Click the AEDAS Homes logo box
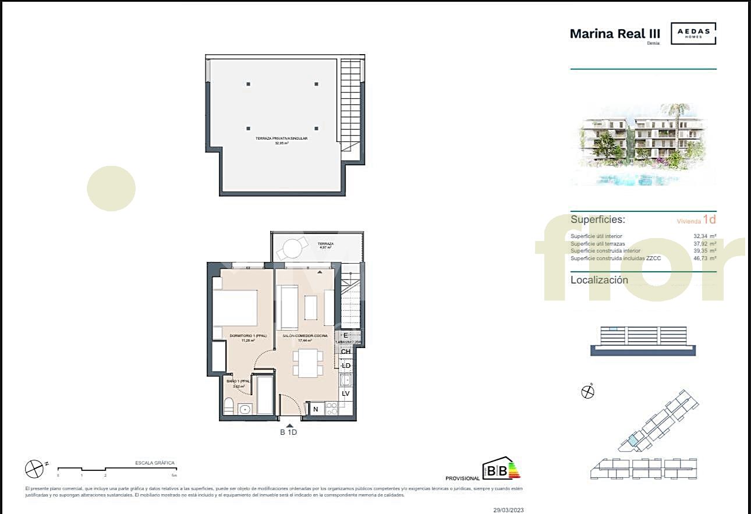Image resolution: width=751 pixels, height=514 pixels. (x=693, y=34)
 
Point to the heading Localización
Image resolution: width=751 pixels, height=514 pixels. (x=599, y=280)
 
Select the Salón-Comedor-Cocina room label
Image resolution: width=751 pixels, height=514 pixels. (x=305, y=336)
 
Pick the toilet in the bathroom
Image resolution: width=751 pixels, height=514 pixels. (x=229, y=406)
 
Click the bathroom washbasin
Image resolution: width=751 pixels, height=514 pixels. (x=246, y=409)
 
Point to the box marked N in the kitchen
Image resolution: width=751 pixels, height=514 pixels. (x=316, y=409)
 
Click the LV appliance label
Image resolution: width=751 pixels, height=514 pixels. (x=345, y=394)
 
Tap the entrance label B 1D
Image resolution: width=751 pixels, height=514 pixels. (x=289, y=433)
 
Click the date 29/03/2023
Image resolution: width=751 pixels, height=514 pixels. (x=508, y=509)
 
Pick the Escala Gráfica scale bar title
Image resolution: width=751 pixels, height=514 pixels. (x=155, y=463)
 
